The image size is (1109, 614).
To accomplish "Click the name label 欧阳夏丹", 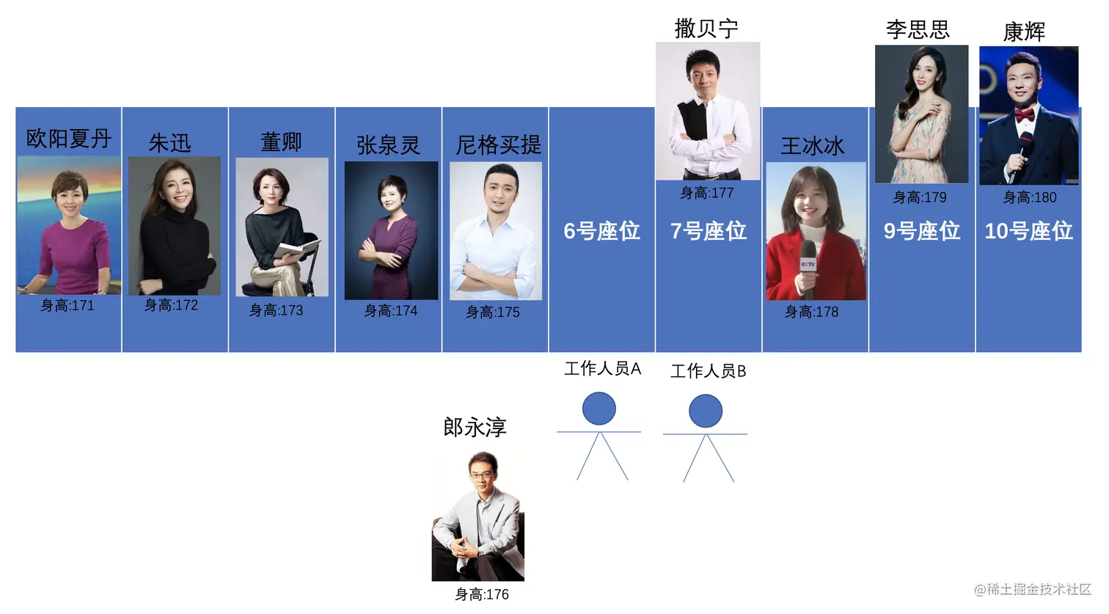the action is [69, 138].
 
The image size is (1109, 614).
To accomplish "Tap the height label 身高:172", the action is [171, 305].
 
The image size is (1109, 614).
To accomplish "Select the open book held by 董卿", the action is [298, 249].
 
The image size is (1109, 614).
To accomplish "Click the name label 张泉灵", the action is [388, 145].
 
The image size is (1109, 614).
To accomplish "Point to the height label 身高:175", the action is [493, 313].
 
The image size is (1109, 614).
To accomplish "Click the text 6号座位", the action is [601, 231].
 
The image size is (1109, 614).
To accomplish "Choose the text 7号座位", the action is [709, 231].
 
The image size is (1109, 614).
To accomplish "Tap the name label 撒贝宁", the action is [706, 29].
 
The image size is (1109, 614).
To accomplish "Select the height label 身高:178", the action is [811, 312].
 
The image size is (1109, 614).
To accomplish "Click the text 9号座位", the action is [922, 231].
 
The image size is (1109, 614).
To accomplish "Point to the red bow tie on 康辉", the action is [1025, 114].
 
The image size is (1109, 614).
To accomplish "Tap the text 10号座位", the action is [1028, 231].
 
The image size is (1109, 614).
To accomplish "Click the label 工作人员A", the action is [602, 368].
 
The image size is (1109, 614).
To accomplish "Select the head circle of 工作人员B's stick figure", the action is [706, 411].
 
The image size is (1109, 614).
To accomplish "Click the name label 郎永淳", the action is [475, 427].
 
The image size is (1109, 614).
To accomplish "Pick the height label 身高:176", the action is [482, 594].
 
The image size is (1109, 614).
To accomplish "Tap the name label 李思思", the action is [918, 29].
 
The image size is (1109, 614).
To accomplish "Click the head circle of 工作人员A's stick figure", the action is [599, 409].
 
